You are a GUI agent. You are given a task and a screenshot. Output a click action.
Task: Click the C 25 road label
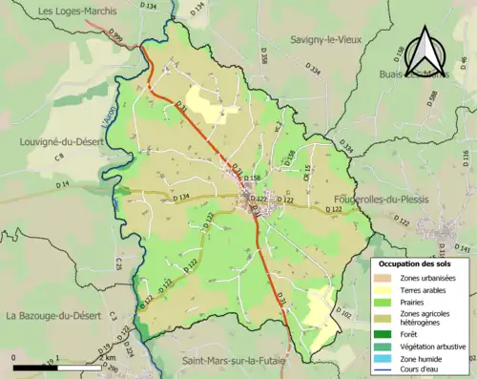119,263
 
